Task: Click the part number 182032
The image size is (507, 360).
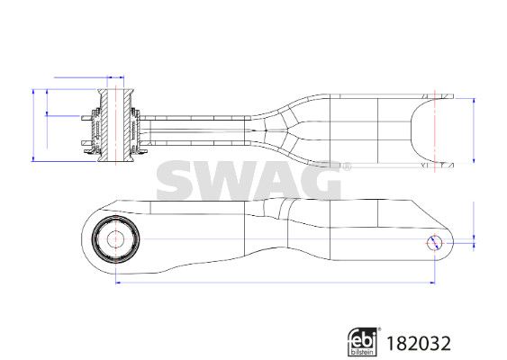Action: [419, 344]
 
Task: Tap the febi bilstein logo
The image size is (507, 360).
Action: [363, 342]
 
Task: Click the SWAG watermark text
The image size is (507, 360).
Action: [249, 180]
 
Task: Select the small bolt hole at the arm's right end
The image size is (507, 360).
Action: [435, 243]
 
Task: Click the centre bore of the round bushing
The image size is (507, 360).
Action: [115, 239]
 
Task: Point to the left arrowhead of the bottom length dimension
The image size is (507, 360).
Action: [118, 283]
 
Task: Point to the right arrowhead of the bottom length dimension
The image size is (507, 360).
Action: [432, 283]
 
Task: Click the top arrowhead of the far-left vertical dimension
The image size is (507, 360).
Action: [33, 92]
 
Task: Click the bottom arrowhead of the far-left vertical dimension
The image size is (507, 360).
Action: [33, 158]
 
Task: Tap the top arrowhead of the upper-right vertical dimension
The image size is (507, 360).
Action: [474, 101]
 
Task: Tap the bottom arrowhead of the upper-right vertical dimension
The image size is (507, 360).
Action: [474, 160]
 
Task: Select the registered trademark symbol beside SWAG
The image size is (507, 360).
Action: [347, 166]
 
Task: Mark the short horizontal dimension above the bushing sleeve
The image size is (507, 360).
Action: [115, 77]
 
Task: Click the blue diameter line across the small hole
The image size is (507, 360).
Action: [434, 243]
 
